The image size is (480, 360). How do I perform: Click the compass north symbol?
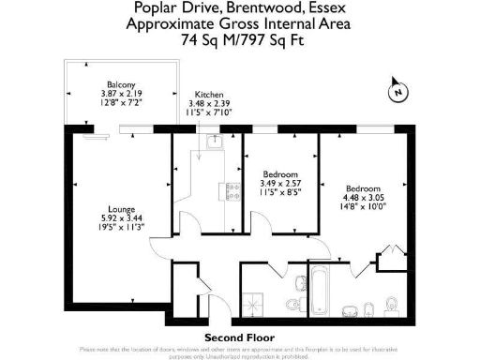398,92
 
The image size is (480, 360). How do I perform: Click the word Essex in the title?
323,10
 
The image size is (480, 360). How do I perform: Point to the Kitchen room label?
209,94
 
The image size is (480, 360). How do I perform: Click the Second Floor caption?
239,337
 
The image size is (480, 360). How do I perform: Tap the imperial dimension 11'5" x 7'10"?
210,112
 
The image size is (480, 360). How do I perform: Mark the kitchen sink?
215,142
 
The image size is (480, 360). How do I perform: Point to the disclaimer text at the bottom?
240,350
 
